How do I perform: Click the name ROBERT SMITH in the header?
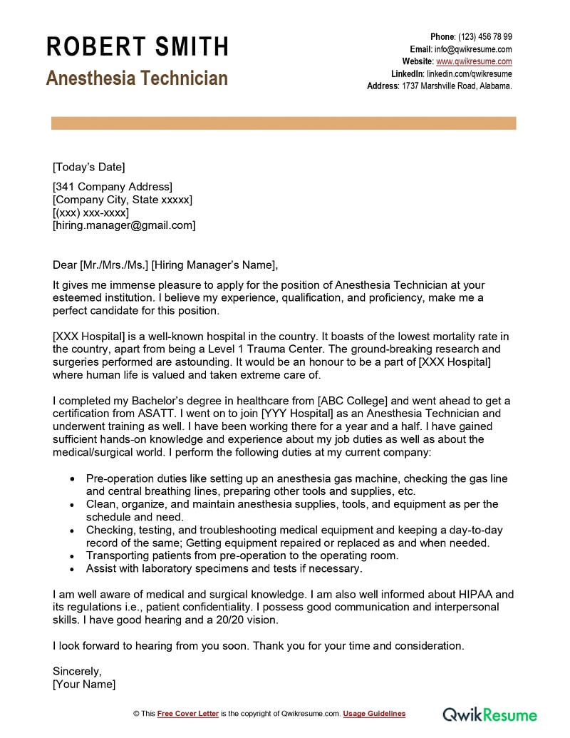(x=138, y=47)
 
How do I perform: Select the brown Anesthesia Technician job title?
(x=137, y=78)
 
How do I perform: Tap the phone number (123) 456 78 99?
(x=484, y=37)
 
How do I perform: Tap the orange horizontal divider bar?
(x=284, y=123)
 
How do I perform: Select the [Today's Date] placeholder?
(x=88, y=168)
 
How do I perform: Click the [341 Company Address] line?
(x=113, y=187)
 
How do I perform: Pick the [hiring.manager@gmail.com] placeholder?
(x=124, y=225)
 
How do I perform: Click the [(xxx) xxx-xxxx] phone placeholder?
(x=90, y=212)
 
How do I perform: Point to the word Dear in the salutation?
(x=65, y=265)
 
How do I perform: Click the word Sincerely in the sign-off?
(x=77, y=672)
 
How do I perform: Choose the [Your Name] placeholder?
(x=84, y=685)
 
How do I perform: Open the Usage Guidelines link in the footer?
(x=374, y=714)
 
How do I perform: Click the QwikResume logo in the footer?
(x=489, y=714)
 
